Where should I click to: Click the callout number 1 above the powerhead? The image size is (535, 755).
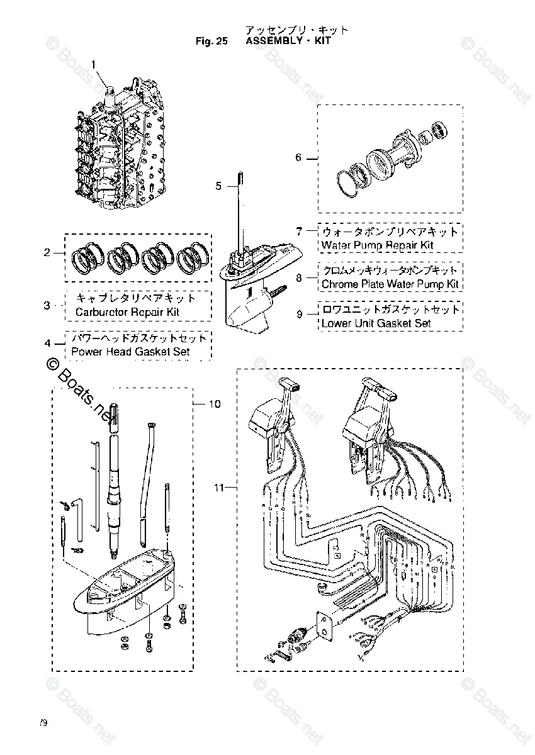pos(94,64)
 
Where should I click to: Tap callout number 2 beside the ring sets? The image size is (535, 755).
pos(47,253)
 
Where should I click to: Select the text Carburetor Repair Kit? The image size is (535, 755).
pos(128,312)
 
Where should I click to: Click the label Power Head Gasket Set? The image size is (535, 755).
pos(130,352)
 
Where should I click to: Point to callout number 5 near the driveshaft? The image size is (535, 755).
pos(218,186)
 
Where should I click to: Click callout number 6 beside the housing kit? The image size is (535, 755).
pos(298,158)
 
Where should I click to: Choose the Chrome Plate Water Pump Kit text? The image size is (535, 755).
pos(390,284)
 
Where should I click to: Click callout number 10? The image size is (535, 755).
pos(215,404)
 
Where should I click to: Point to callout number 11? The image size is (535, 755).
pos(218,487)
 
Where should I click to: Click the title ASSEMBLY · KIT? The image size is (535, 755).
pos(288,41)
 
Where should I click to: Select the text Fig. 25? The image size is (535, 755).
pos(211,41)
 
